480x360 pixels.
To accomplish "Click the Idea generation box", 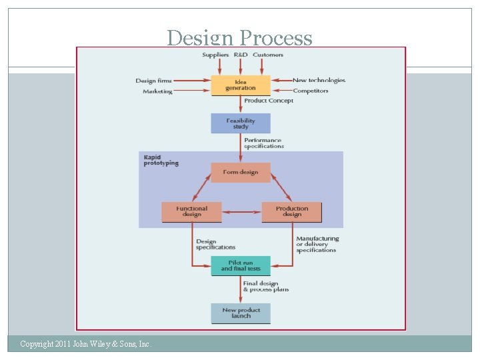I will coord(241,85).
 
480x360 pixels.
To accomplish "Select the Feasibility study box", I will coord(241,123).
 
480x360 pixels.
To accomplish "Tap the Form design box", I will coord(241,172).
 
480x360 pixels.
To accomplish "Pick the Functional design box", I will coord(192,211).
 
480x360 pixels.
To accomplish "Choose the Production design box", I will coord(292,211).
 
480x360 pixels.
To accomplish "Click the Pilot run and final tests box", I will coord(241,265).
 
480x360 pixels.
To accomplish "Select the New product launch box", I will coord(241,313).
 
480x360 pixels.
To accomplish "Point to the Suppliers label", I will coord(215,55).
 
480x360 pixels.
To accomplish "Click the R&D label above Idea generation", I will coord(240,55).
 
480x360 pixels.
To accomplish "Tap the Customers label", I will coord(268,55).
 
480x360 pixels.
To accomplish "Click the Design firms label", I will coord(153,81).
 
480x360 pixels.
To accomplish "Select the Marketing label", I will coord(157,91).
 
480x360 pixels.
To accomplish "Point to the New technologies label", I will coord(319,80).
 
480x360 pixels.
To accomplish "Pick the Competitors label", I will coord(311,91).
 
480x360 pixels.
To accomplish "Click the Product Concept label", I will coord(269,101).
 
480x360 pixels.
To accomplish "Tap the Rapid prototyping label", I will coord(161,160).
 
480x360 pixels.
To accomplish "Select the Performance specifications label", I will coord(264,143).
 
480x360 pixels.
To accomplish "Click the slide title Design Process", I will coord(239,38).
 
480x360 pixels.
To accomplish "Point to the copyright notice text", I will coord(86,344).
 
